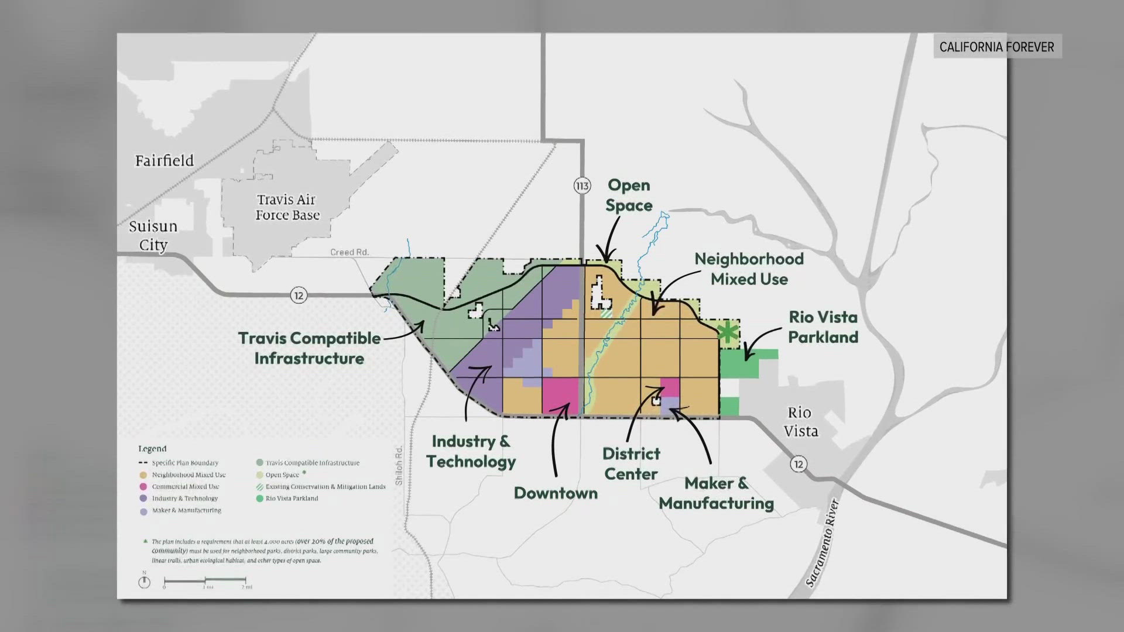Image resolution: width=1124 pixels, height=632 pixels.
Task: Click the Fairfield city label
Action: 164,160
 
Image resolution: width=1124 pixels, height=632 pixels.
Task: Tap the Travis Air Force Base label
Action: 287,208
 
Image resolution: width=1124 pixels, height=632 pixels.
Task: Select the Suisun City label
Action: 153,235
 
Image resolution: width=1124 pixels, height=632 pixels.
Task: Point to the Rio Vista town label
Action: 800,422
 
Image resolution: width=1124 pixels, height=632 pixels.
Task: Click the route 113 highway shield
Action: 582,186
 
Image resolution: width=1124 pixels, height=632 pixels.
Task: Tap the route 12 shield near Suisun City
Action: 299,295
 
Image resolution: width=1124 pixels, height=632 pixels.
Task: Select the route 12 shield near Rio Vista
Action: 799,464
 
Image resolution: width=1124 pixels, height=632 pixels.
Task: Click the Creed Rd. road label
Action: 349,252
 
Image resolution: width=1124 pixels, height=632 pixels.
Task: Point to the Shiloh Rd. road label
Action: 399,465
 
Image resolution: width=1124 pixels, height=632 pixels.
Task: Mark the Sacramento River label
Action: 822,542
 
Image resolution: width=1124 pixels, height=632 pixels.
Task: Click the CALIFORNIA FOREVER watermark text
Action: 996,47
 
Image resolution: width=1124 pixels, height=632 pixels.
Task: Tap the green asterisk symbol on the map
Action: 728,332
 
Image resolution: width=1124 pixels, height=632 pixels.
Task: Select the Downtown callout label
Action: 556,493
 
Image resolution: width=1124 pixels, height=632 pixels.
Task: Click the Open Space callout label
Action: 629,195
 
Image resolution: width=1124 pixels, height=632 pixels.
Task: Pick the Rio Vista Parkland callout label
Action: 823,327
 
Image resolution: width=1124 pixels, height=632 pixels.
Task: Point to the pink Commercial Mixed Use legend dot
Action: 143,487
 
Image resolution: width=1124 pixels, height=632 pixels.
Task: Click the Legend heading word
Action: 152,449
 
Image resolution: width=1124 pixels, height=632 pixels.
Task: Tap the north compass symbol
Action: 144,582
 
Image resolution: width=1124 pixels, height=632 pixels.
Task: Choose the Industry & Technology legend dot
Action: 143,499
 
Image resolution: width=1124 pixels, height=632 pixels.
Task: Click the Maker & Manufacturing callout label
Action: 717,493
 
